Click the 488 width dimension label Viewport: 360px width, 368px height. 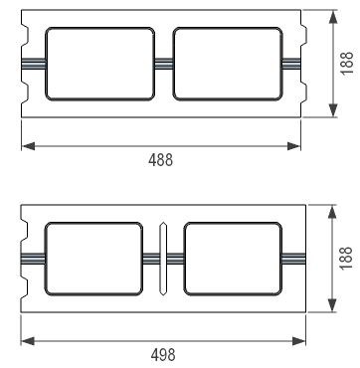(x=160, y=160)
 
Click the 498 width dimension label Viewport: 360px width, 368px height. (x=163, y=355)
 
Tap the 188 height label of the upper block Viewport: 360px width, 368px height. (x=347, y=64)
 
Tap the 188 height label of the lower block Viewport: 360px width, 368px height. (x=346, y=259)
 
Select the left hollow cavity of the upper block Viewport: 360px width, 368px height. (x=99, y=64)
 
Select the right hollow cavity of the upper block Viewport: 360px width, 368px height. (x=228, y=64)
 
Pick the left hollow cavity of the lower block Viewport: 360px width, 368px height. (x=93, y=259)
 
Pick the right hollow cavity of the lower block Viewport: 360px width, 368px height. (x=233, y=259)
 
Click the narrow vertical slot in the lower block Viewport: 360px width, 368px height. (x=163, y=259)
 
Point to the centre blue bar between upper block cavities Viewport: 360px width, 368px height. (x=164, y=64)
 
